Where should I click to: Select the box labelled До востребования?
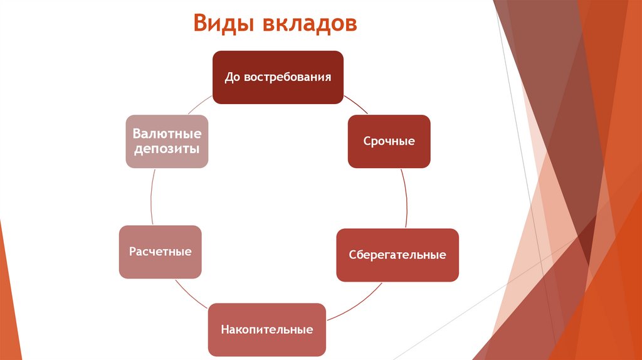pos(278,77)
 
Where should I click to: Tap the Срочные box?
pos(389,141)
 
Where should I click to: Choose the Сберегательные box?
pos(397,255)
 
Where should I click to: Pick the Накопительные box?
pos(266,329)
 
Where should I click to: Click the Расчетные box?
pos(160,251)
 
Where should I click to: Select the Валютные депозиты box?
pos(166,141)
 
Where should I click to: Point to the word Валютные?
pos(166,134)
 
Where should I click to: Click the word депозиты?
pos(166,149)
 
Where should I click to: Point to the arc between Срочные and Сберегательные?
pos(404,198)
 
